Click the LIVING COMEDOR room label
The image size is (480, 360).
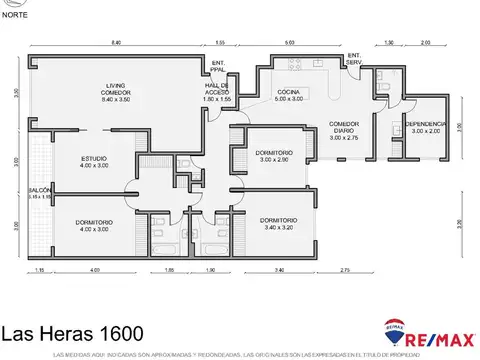[x=107, y=92]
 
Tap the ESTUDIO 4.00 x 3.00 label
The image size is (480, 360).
[x=73, y=162]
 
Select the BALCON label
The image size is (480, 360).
[x=39, y=193]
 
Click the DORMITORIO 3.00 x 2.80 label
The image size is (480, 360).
[x=272, y=155]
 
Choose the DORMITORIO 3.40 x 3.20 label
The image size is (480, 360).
[x=278, y=224]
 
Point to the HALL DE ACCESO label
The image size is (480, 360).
[x=217, y=92]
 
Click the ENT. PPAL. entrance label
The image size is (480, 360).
[x=219, y=68]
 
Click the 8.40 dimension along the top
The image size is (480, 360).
[x=116, y=44]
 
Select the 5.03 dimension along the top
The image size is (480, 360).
[x=289, y=44]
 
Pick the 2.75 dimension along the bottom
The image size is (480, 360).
[x=344, y=271]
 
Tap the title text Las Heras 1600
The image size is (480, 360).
[x=72, y=332]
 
